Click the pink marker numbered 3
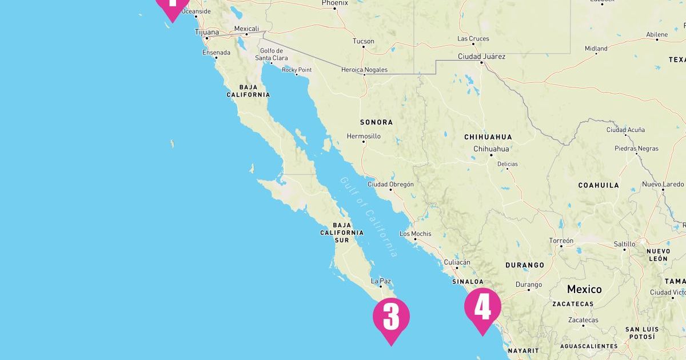[391, 317]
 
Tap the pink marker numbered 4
[482, 307]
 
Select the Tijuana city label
[206, 33]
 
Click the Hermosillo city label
[364, 137]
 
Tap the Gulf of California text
[369, 217]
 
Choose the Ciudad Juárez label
[481, 57]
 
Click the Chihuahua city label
[491, 149]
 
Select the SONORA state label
[376, 122]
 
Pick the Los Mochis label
[416, 234]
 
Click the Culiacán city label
[457, 262]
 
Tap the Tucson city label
[364, 41]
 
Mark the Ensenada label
[216, 53]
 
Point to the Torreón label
[561, 241]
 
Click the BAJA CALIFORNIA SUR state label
[342, 233]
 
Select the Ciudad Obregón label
[390, 185]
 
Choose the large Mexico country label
[584, 289]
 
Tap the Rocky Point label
[297, 70]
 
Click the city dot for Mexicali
[246, 34]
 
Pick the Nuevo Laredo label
[663, 185]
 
